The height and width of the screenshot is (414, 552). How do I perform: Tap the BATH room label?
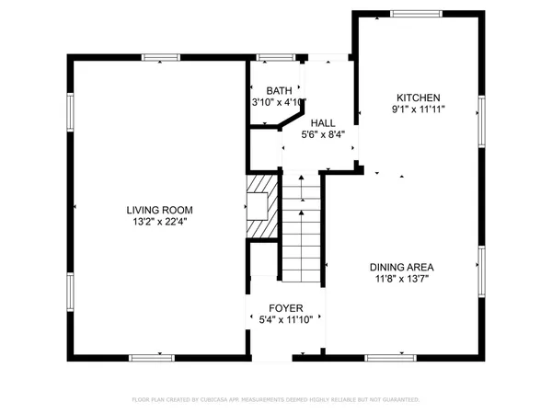279,90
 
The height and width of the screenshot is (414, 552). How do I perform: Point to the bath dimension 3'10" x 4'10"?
279,102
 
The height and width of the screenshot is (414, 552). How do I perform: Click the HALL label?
322,122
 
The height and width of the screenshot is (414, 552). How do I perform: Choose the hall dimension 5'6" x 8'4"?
322,134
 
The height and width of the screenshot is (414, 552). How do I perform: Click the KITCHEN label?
419,98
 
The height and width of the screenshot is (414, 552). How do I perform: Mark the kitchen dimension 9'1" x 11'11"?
419,109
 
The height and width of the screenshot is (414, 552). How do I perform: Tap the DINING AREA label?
401,267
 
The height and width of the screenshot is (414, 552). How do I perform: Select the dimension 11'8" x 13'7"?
401,279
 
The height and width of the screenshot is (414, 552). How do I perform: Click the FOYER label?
286,308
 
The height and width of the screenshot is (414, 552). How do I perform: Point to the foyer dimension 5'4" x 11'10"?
286,320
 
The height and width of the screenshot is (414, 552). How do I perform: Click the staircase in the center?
302,230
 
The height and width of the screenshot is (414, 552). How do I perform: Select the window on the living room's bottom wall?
152,357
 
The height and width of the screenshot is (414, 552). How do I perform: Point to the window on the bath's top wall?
270,57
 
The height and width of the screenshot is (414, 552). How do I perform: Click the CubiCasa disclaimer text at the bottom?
276,400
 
